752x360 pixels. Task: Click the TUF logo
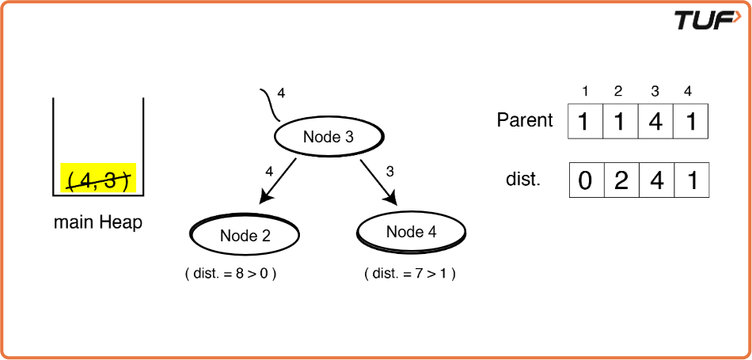point(708,20)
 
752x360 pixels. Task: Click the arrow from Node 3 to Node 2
point(278,181)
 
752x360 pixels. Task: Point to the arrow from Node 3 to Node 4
point(379,182)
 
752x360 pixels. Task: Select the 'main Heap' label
point(98,223)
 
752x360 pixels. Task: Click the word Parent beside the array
point(525,119)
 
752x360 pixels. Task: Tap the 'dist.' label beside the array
point(523,180)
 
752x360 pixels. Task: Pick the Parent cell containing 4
point(655,121)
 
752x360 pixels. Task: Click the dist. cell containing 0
point(587,180)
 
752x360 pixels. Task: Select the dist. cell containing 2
point(621,180)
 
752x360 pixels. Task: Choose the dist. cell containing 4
point(656,180)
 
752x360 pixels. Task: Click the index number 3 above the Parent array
point(655,92)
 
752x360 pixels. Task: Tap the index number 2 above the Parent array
point(618,92)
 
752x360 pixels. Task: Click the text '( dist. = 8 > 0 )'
point(230,274)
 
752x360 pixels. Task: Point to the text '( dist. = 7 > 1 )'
point(409,274)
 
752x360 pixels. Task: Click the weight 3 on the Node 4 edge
point(390,171)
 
